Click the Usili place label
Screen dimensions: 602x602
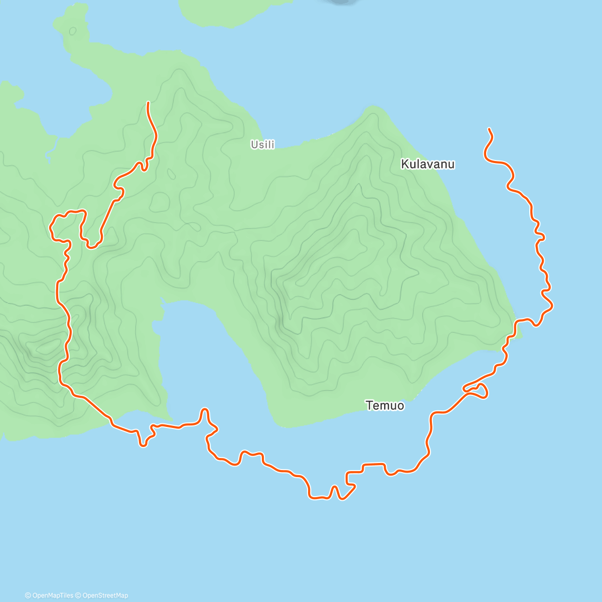click(263, 144)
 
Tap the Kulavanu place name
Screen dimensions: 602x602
click(427, 164)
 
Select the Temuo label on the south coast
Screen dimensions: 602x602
click(385, 405)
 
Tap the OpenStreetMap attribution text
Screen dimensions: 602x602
click(105, 595)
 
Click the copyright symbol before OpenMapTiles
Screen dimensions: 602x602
click(28, 595)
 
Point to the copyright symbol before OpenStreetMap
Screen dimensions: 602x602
click(78, 595)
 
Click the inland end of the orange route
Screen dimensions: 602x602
click(147, 102)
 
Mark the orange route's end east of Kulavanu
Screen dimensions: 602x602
click(489, 129)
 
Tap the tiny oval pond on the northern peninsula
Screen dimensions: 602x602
click(73, 31)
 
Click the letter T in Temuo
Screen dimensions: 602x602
click(369, 405)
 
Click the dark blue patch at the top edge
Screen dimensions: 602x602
click(342, 2)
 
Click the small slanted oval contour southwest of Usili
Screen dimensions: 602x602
click(171, 174)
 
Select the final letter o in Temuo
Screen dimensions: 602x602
click(400, 405)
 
